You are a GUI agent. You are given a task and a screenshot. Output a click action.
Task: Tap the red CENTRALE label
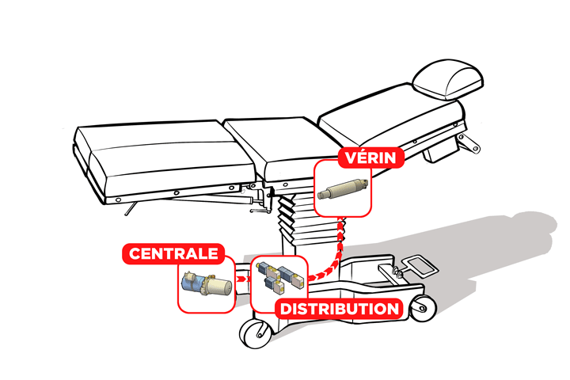point(173,255)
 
